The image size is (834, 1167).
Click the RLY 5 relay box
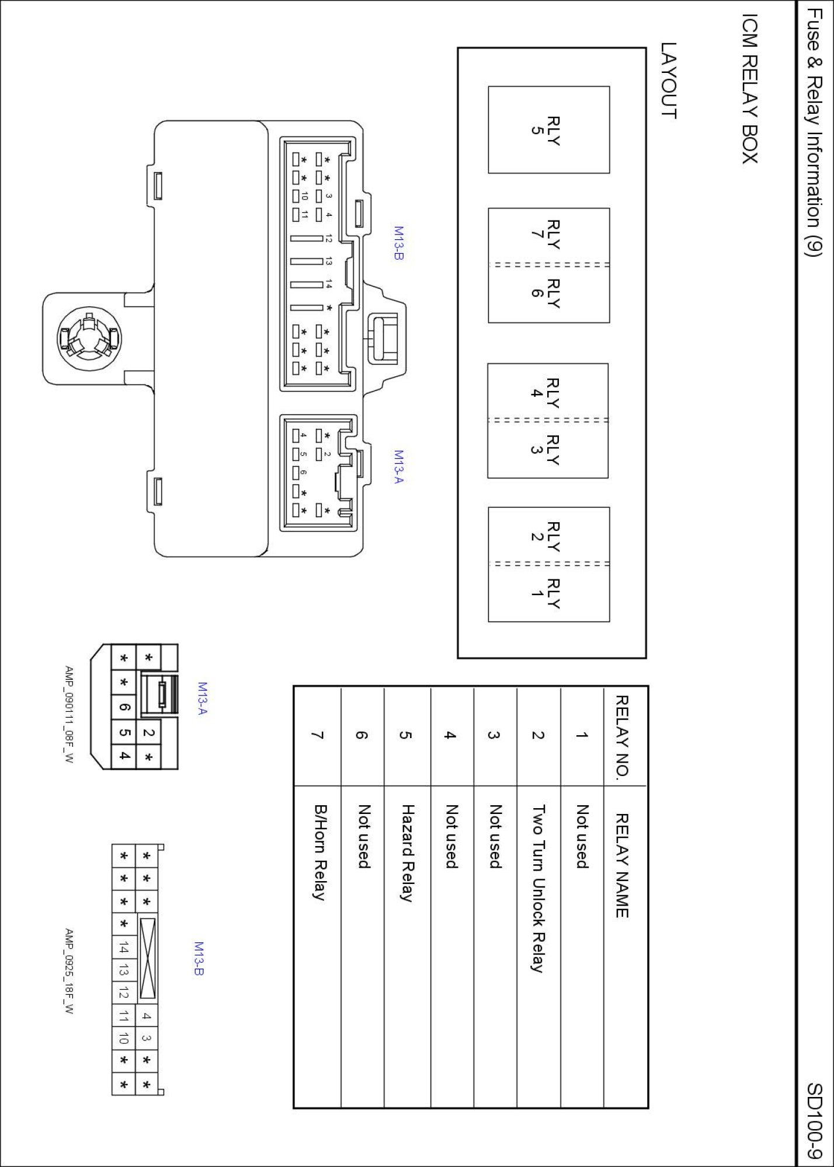tap(548, 130)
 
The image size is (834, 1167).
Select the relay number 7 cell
tap(318, 735)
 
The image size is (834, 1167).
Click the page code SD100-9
tap(815, 1120)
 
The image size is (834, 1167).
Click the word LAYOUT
tap(669, 81)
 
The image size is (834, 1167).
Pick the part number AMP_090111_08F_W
tap(69, 715)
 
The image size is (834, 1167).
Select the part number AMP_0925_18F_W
tap(69, 971)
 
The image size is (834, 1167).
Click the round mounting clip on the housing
tap(89, 339)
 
